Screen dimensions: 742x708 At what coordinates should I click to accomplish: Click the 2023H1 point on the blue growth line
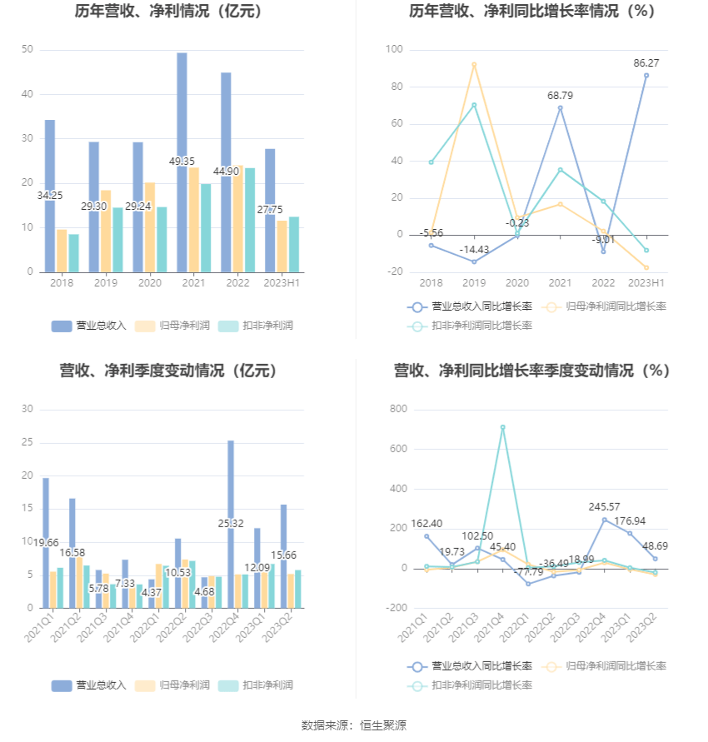point(646,76)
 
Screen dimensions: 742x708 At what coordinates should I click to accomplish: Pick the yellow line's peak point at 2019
point(474,64)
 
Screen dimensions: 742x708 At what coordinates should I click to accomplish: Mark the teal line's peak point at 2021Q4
point(502,427)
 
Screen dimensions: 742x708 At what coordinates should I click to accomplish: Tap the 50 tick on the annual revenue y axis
point(27,50)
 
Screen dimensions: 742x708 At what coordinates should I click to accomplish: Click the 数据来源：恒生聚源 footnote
point(354,726)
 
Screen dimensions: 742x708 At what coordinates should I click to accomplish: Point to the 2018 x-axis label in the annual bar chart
point(62,284)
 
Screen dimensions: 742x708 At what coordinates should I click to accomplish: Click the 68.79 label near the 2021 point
point(560,95)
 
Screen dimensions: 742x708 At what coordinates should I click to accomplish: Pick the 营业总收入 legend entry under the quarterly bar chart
point(89,685)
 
